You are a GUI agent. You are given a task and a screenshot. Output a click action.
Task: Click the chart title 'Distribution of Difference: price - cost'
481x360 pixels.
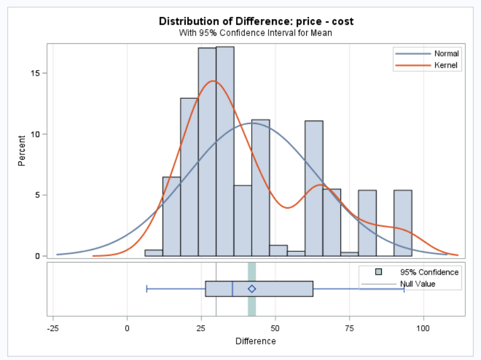point(256,21)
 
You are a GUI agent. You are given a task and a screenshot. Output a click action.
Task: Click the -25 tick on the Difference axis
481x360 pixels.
point(53,328)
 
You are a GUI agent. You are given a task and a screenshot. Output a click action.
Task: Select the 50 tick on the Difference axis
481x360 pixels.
point(275,328)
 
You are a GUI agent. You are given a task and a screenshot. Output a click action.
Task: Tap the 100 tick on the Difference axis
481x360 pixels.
point(423,328)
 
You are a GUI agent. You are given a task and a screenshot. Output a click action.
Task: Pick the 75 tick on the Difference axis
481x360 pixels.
point(349,328)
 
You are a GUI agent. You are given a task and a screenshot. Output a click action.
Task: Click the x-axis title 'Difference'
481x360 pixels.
point(256,341)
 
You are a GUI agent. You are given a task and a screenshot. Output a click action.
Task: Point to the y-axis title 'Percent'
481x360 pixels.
point(22,150)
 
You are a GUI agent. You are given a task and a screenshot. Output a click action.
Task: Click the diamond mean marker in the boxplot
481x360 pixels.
point(252,289)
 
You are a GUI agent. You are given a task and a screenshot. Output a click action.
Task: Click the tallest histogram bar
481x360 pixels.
point(225,151)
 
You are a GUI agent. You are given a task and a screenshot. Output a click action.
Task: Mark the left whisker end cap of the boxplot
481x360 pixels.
point(147,289)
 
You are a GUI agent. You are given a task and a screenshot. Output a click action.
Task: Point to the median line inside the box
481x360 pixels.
point(232,289)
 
